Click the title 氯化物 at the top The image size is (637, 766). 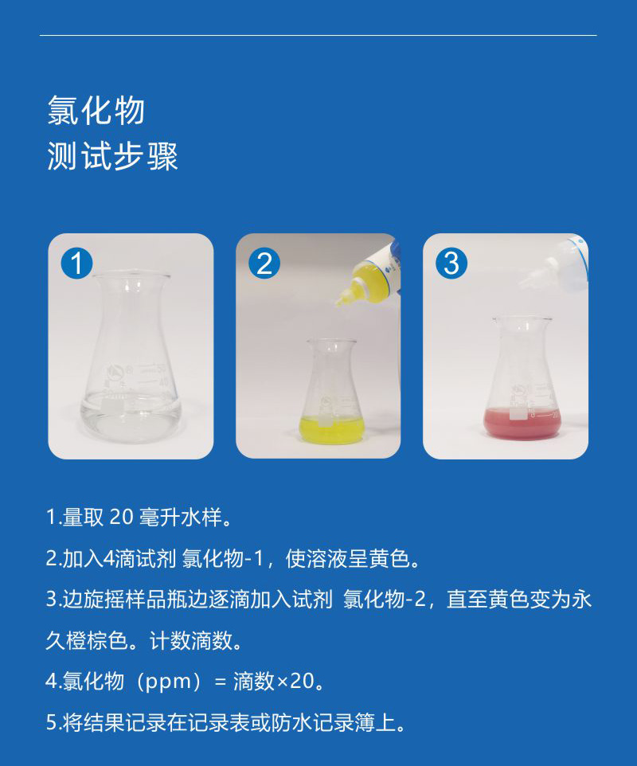96,111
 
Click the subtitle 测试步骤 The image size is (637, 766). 112,156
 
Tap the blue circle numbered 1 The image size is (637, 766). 76,264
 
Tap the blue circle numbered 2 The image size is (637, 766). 264,264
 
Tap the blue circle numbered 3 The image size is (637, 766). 451,264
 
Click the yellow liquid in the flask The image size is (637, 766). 332,429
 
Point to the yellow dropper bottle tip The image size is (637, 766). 338,303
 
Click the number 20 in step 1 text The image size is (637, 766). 121,517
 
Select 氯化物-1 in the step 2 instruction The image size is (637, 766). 223,558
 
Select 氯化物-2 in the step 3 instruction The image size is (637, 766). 385,600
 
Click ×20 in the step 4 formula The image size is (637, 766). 295,681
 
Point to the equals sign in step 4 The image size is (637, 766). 221,682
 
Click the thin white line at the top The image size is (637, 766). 318,35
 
